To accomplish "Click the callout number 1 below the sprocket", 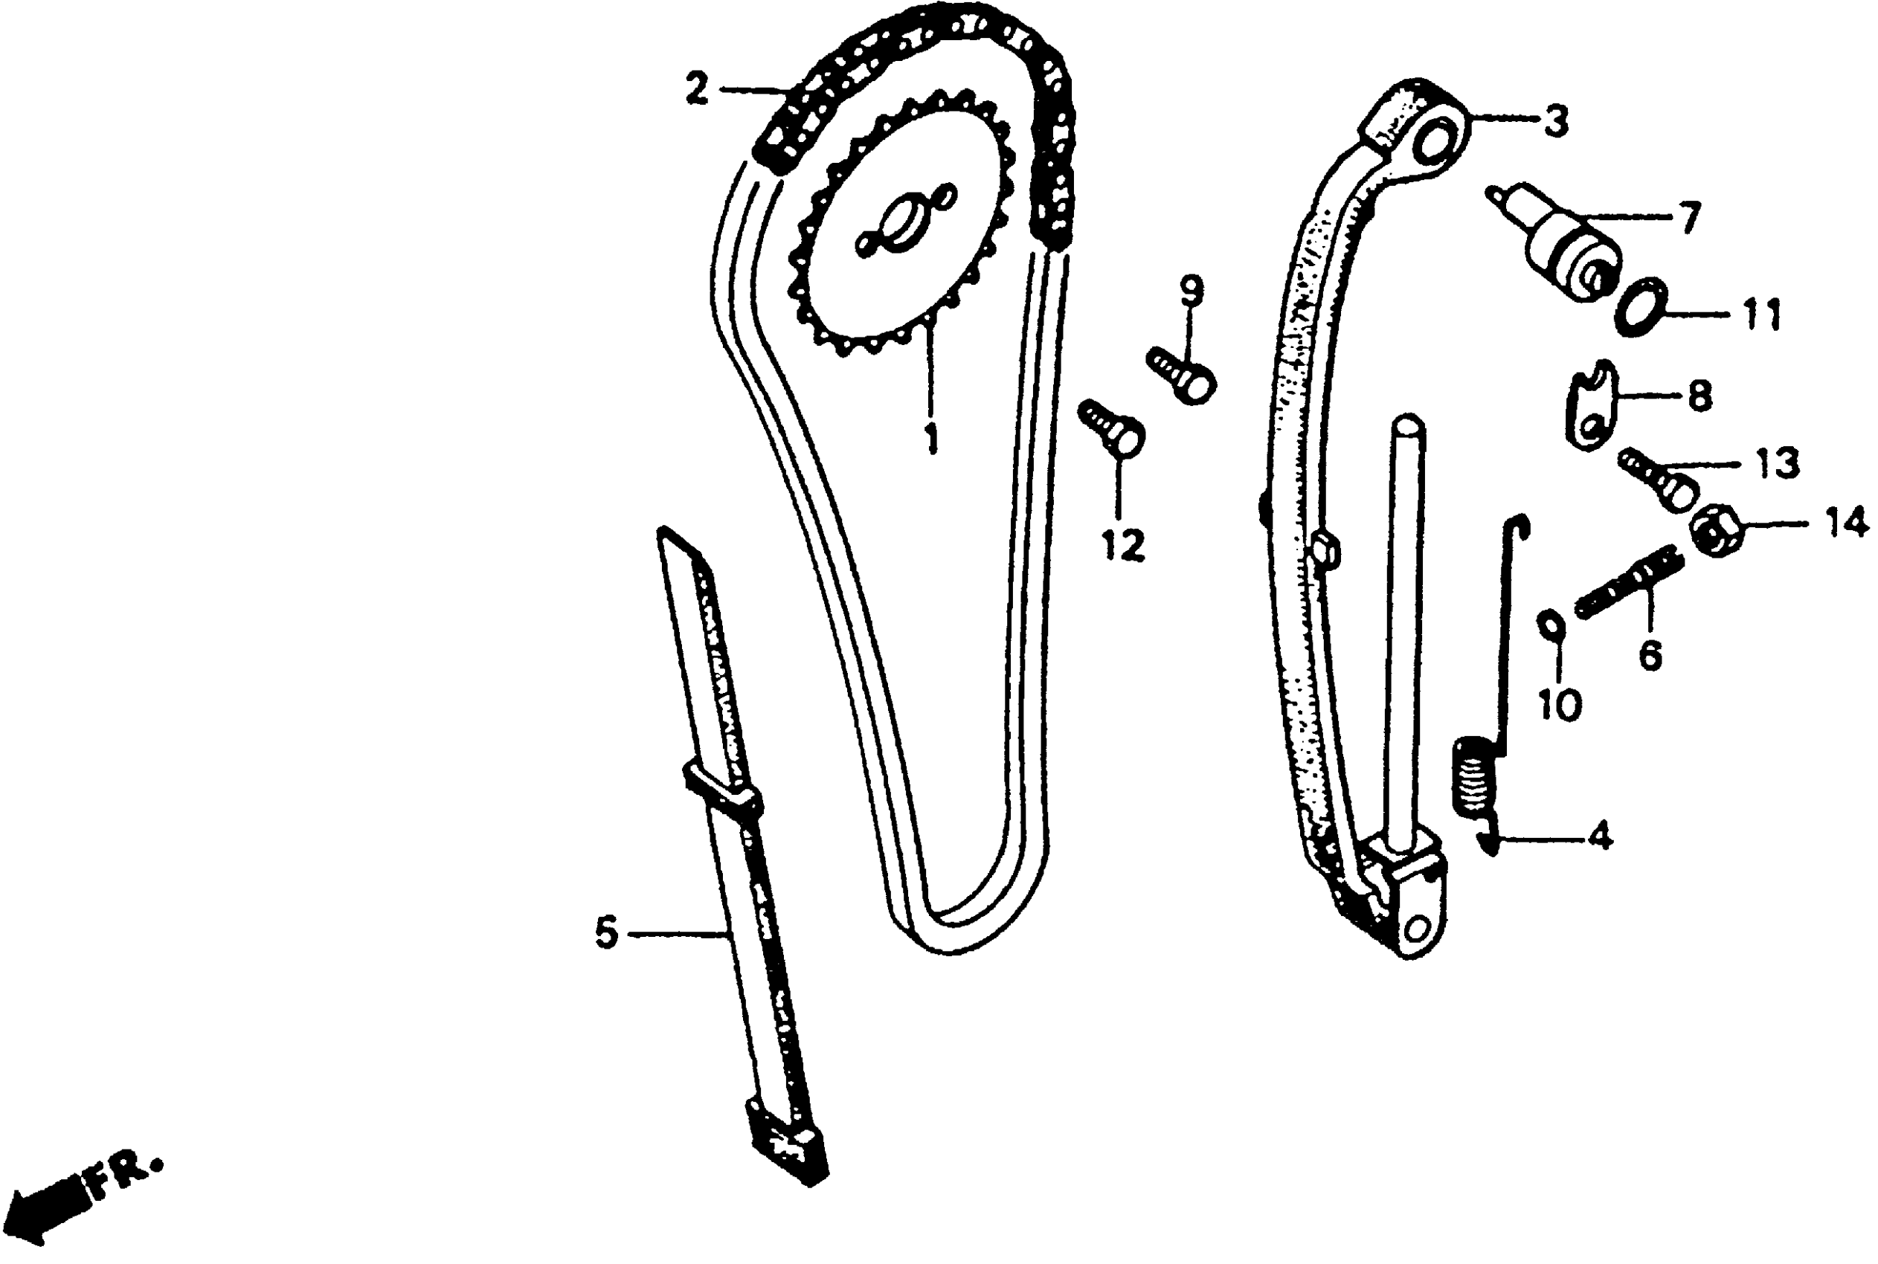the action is (x=931, y=438).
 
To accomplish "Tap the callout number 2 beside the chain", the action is (x=697, y=88).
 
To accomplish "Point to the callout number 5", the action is (x=606, y=932).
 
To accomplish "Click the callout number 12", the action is (x=1123, y=546).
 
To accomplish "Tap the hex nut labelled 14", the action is (x=1714, y=531).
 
